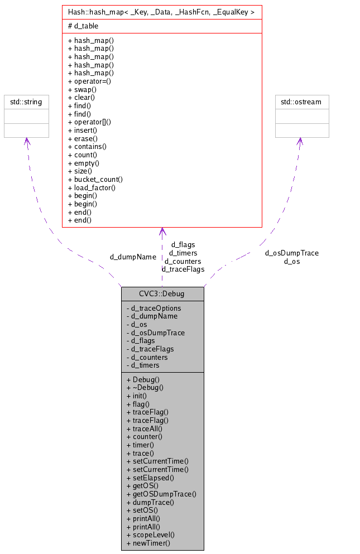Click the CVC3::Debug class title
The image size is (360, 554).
pyautogui.click(x=162, y=293)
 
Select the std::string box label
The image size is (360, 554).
pyautogui.click(x=26, y=102)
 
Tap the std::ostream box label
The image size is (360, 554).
pyautogui.click(x=302, y=102)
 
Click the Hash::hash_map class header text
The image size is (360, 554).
pyautogui.click(x=161, y=12)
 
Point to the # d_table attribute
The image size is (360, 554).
pyautogui.click(x=83, y=26)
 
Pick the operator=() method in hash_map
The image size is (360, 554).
pyautogui.click(x=89, y=81)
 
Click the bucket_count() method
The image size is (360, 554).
pyautogui.click(x=95, y=179)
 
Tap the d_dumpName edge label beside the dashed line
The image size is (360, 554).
pyautogui.click(x=133, y=257)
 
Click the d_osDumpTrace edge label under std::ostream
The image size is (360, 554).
pyautogui.click(x=292, y=253)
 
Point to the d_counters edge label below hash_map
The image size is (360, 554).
pyautogui.click(x=183, y=261)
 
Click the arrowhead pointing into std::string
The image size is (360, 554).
pyautogui.click(x=26, y=141)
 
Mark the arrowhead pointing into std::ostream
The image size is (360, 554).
pyautogui.click(x=300, y=141)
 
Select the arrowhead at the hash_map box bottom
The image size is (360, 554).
pyautogui.click(x=162, y=232)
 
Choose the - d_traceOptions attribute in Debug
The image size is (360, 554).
pyautogui.click(x=153, y=308)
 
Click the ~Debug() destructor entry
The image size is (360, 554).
pyautogui.click(x=145, y=387)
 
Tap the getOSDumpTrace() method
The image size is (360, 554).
pyautogui.click(x=161, y=494)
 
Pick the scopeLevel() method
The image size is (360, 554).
pyautogui.click(x=151, y=534)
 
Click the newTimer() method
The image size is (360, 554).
pyautogui.click(x=148, y=543)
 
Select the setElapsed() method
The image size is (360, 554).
pyautogui.click(x=150, y=478)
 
